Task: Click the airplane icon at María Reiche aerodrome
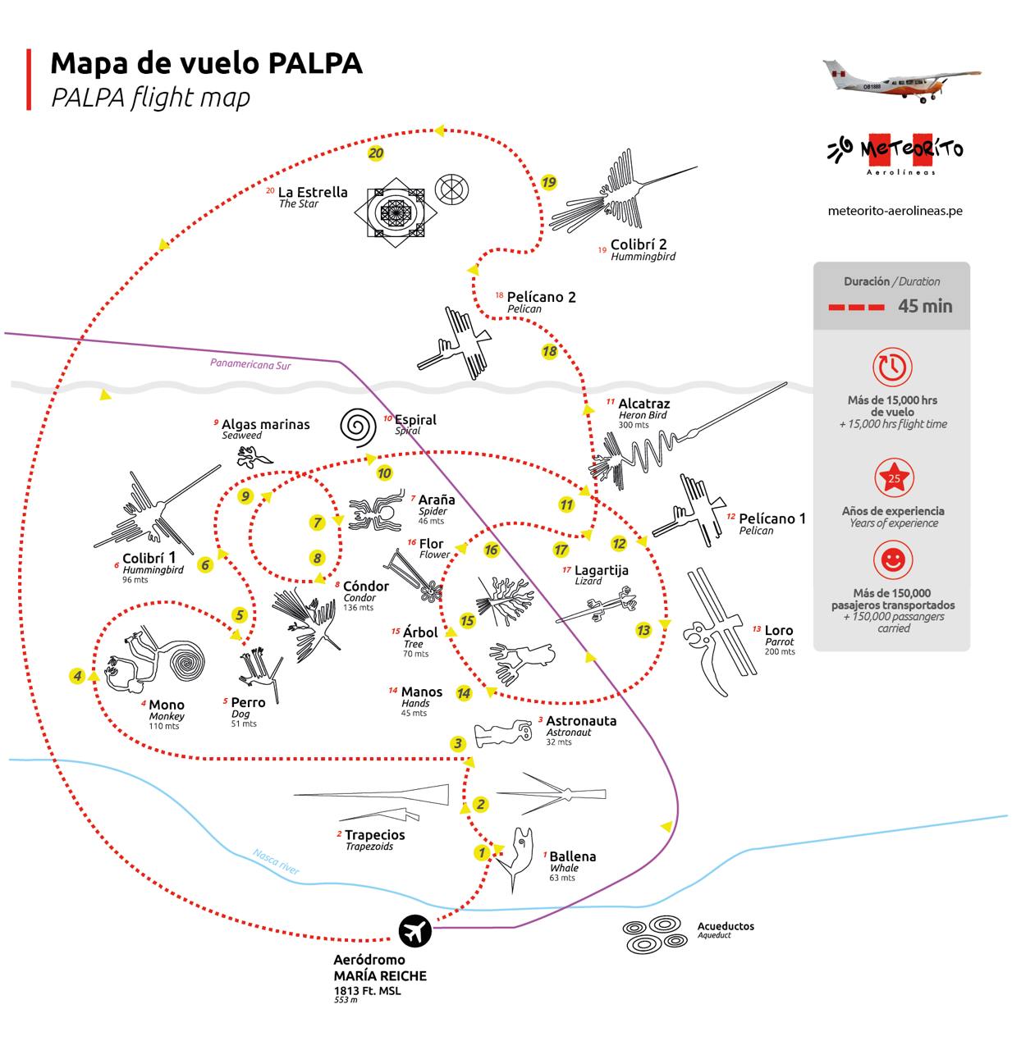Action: coord(415,931)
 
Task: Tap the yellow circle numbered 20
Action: coord(376,153)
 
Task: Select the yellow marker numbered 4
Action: coord(77,676)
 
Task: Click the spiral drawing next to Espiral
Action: coord(358,427)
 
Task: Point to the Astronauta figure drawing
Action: coord(503,733)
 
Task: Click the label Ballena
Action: coord(572,856)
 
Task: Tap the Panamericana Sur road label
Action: coord(250,364)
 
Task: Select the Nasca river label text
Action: coord(276,861)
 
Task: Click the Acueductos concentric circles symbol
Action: coord(654,934)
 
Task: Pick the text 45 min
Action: coord(925,307)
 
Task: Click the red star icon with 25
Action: coord(894,478)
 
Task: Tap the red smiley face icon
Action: coord(893,561)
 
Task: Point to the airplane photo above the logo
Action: coord(901,80)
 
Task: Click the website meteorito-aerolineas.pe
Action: coord(895,211)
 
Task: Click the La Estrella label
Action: coord(313,193)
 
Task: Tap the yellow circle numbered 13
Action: coord(643,630)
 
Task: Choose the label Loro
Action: coord(779,631)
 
